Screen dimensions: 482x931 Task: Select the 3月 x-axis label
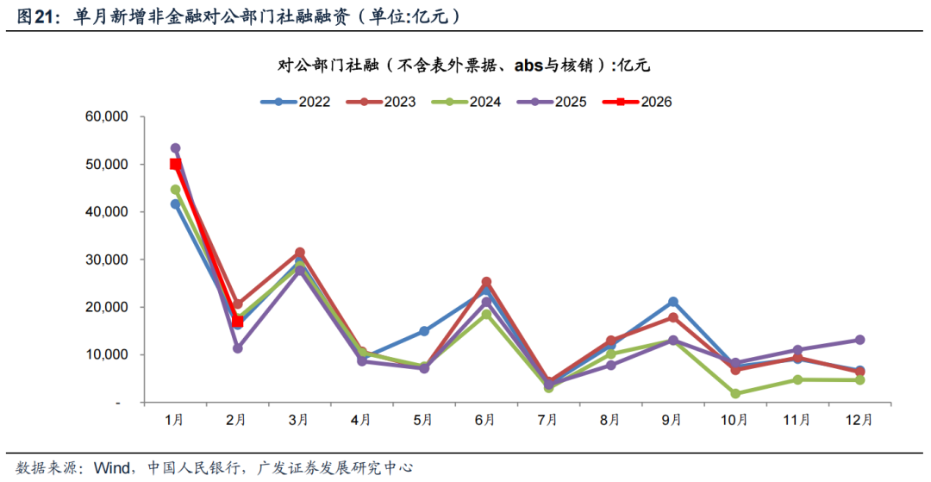299,421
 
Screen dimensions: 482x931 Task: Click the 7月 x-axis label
547,421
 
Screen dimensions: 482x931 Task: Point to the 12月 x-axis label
859,421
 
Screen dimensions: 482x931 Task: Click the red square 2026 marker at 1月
176,164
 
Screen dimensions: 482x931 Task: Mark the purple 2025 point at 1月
176,148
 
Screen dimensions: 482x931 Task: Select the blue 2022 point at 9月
672,302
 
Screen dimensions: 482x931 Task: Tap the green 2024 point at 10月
734,393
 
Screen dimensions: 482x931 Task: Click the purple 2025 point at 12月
859,340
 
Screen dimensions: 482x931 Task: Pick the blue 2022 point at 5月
424,331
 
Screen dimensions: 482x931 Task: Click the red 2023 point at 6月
486,282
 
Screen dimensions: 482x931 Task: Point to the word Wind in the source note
112,468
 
